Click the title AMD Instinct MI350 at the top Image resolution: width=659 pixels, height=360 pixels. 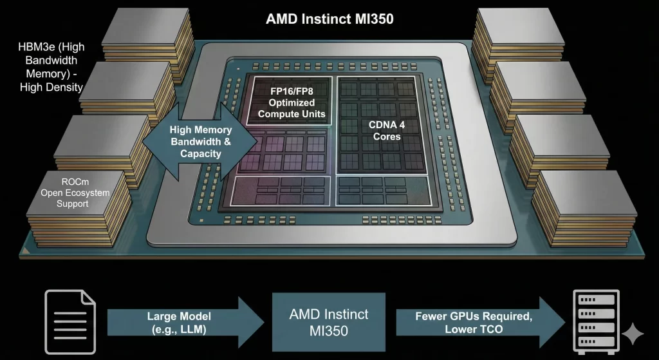329,19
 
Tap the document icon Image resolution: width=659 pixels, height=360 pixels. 70,321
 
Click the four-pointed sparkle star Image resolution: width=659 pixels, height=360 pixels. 634,334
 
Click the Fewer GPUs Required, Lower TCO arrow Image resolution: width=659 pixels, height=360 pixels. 473,322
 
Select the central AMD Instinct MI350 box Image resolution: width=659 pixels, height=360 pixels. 329,322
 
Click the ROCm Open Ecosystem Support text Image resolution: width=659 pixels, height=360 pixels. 75,193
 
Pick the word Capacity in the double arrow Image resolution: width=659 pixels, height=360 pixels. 201,154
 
